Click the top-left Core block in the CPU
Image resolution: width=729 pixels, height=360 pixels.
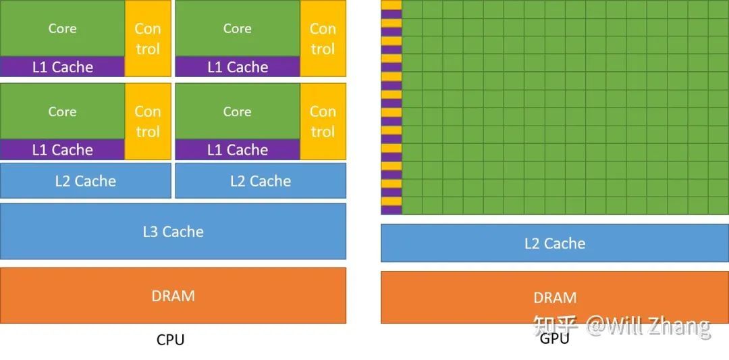tap(62, 28)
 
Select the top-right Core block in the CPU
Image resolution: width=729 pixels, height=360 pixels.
tap(237, 28)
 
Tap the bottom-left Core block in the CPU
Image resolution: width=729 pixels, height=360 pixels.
tap(62, 111)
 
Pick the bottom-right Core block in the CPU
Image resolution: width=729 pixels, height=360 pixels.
tap(237, 111)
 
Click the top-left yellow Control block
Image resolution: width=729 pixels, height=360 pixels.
tap(148, 38)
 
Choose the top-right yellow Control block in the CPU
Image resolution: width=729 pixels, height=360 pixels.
tap(323, 38)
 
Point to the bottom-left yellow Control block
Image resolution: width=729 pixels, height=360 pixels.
tap(148, 122)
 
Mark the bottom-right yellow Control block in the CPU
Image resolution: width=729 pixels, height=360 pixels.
tap(323, 122)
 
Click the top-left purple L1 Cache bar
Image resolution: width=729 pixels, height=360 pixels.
tap(62, 67)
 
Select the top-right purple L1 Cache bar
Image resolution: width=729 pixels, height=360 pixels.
tap(238, 67)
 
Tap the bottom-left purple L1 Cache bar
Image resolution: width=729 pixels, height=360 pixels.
tap(62, 150)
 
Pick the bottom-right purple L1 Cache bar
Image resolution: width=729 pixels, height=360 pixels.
tap(238, 150)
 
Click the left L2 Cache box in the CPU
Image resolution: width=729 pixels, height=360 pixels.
tap(85, 181)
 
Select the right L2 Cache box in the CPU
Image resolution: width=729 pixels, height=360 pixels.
tap(261, 181)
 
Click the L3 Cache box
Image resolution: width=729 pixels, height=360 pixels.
tap(173, 232)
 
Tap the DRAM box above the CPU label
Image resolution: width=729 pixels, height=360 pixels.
tap(173, 296)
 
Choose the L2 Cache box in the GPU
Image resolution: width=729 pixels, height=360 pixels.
tap(555, 243)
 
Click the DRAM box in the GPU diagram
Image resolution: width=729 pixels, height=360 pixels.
tap(555, 297)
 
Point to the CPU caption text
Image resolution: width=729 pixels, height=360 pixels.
tap(170, 340)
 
